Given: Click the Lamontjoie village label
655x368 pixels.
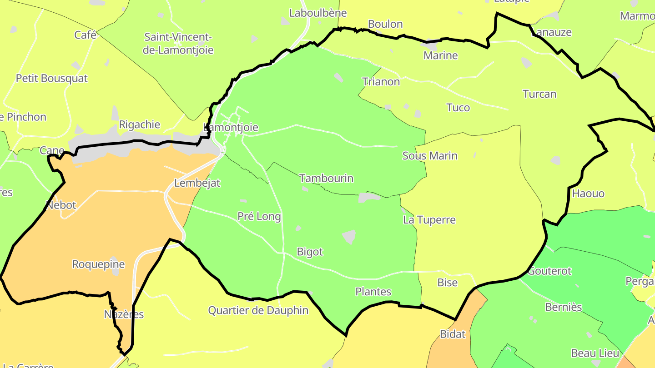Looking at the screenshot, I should click(231, 128).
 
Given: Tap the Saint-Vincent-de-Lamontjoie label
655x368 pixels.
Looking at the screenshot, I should click(178, 44).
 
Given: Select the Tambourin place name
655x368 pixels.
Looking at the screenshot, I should click(327, 178).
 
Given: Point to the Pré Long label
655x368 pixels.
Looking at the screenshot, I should click(259, 216).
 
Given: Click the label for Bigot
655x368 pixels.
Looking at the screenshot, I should click(310, 252).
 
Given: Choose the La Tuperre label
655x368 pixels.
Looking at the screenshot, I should click(429, 220).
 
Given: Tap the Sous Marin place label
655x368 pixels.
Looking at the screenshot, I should click(430, 156).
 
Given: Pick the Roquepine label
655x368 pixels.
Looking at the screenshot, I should click(99, 264).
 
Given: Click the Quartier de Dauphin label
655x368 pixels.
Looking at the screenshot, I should click(258, 310).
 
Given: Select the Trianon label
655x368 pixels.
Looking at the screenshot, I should click(381, 82).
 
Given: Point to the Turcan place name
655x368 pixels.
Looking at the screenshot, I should click(539, 94).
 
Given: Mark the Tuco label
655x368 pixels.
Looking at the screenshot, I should click(458, 108).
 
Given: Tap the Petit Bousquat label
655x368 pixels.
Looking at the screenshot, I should click(52, 78).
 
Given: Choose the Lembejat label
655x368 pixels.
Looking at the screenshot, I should click(197, 183).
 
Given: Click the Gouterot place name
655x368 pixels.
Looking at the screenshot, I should click(549, 271).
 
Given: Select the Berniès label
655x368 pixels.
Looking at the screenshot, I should click(564, 307).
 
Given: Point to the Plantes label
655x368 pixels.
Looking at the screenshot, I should click(373, 292).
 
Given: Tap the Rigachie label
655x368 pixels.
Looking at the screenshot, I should click(140, 124).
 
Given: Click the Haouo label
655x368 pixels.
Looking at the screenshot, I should click(588, 194).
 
